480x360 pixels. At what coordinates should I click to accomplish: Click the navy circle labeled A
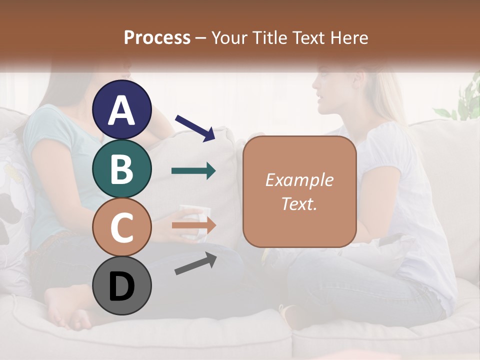(x=122, y=109)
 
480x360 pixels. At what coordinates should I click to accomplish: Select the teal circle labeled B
(x=122, y=168)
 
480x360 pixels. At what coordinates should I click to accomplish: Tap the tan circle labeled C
(x=122, y=227)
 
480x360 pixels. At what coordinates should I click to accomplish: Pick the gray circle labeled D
(x=122, y=285)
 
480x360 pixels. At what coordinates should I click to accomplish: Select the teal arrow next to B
(x=194, y=171)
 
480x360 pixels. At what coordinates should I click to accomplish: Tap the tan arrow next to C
(x=194, y=225)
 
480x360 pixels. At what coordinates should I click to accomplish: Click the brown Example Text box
(x=299, y=192)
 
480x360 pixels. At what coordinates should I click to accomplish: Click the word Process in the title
(x=157, y=37)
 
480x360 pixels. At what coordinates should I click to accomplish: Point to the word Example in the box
(x=299, y=180)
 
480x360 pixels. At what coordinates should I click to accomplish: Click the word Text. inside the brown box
(x=299, y=204)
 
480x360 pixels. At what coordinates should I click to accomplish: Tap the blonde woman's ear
(x=357, y=79)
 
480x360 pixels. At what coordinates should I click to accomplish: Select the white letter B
(x=122, y=168)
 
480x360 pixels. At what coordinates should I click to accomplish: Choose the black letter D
(x=122, y=286)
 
